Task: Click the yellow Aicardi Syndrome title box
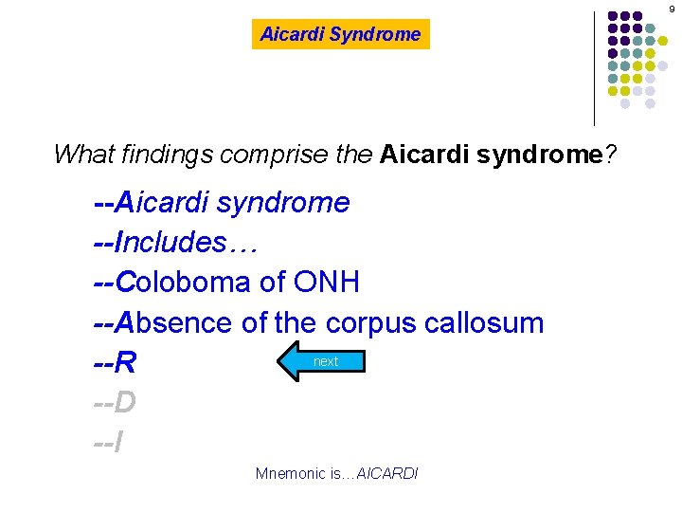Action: coord(340,34)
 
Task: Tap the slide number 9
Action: coord(672,9)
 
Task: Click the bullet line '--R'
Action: coord(116,363)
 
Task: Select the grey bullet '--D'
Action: coord(116,403)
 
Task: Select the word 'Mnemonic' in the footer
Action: coord(289,473)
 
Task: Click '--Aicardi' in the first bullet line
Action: coord(153,203)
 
